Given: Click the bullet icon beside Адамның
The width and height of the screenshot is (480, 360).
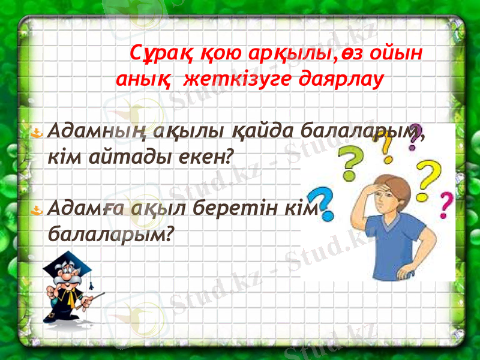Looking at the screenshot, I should [x=38, y=131].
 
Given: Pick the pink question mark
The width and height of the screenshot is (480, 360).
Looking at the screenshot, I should [x=446, y=204].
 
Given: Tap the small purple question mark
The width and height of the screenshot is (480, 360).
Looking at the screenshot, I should [x=414, y=136].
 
